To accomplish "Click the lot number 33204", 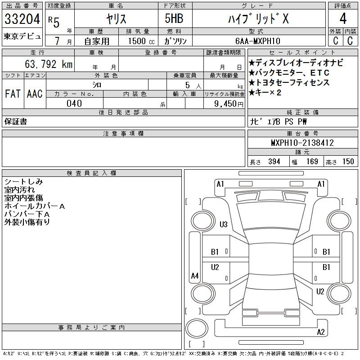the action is click(x=22, y=19).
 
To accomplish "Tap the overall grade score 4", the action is click(x=343, y=18).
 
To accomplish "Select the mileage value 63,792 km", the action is click(x=49, y=64).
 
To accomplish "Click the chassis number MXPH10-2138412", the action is click(x=302, y=143).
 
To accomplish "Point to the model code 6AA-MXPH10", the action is click(x=257, y=41).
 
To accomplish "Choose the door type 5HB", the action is click(x=174, y=18).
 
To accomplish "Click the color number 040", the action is click(x=74, y=103).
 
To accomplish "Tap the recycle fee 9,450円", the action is click(x=229, y=104).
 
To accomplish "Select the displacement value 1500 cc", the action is click(x=141, y=41).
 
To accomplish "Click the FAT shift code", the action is click(x=13, y=94).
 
